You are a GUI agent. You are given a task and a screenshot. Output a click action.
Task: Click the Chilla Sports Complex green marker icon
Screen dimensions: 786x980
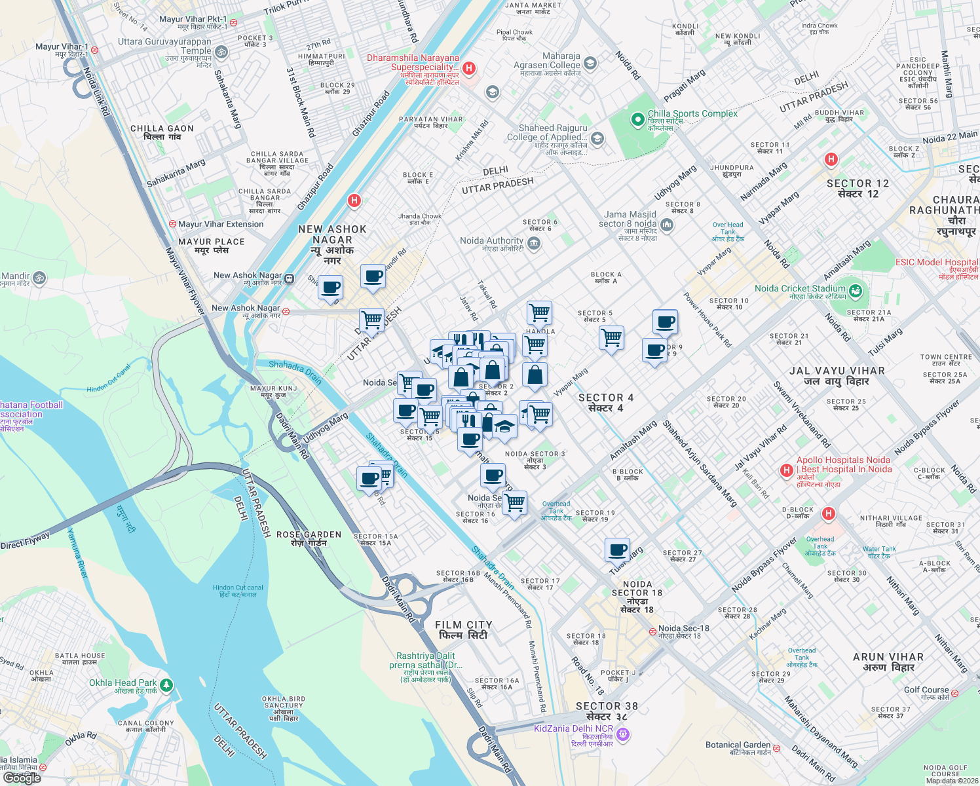pos(637,120)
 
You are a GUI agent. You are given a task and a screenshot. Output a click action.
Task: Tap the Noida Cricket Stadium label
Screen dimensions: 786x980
pos(800,289)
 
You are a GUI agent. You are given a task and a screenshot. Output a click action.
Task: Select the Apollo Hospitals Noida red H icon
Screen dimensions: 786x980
pos(787,470)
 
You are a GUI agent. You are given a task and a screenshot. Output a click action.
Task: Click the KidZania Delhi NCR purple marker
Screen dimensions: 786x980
pos(623,735)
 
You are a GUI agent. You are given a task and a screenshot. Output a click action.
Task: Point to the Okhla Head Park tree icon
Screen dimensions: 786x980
pos(166,685)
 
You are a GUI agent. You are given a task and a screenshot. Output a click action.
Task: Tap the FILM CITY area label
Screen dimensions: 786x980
pos(463,630)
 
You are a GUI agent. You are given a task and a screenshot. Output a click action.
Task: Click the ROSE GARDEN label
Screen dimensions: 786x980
pos(309,538)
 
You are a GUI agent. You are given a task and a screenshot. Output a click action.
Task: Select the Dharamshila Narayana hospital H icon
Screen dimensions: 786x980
pos(468,68)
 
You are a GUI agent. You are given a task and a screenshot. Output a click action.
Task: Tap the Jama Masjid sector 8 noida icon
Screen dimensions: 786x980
pos(667,225)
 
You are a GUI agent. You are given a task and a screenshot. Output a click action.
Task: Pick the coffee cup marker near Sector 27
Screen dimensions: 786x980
pos(617,550)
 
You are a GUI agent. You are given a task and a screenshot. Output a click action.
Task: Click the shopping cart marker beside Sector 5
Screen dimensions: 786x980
pos(611,338)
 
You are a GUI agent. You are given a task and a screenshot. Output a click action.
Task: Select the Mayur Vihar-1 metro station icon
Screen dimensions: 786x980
pos(94,49)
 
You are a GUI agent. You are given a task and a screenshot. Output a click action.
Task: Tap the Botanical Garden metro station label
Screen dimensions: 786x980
pos(738,745)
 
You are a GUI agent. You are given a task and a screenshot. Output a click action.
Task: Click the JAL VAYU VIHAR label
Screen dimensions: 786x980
pos(837,376)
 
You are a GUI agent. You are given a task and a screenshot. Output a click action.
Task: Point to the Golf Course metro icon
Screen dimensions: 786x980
pos(954,693)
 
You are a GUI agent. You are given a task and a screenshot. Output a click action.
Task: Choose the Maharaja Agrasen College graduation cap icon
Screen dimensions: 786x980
pos(590,63)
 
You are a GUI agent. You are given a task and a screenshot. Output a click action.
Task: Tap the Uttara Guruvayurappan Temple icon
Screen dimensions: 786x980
pos(221,52)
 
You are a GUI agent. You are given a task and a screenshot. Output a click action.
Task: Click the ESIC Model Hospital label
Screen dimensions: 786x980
pos(937,263)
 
